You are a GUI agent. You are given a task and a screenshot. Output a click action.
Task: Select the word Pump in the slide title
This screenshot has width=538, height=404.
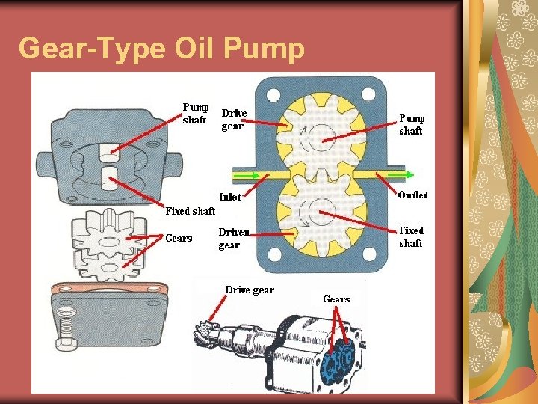264,49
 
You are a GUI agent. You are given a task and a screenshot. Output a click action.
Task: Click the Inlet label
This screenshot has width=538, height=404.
229,198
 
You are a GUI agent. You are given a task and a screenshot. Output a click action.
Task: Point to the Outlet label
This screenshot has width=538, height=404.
412,195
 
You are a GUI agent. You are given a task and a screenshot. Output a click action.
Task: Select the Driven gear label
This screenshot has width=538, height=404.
234,239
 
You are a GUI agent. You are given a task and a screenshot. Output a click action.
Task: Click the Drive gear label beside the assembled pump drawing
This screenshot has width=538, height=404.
250,290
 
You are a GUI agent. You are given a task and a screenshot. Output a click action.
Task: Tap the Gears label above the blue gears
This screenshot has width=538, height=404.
336,299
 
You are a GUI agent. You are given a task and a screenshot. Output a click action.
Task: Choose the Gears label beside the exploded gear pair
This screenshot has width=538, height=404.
179,239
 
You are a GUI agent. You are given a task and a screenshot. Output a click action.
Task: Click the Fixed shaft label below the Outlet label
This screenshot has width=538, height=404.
411,237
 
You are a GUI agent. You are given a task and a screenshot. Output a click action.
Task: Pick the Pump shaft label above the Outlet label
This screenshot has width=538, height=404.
412,124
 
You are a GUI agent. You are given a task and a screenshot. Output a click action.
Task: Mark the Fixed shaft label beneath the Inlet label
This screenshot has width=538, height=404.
190,212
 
